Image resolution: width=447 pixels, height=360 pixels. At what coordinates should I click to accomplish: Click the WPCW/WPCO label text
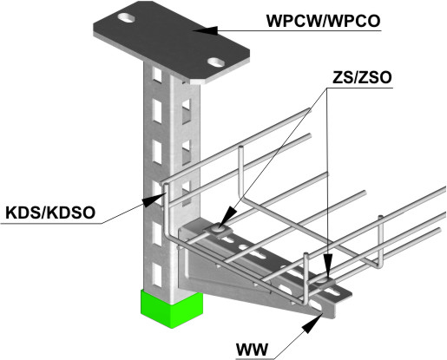[x=323, y=21]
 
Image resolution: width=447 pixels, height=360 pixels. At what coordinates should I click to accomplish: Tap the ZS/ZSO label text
[x=362, y=77]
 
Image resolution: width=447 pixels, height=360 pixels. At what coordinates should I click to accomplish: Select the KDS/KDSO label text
[x=50, y=213]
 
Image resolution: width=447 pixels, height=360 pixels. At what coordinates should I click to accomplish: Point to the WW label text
[x=252, y=350]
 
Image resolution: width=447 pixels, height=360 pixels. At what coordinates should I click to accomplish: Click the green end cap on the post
[x=172, y=309]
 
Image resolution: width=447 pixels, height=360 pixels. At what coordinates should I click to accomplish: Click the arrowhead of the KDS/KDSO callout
[x=154, y=200]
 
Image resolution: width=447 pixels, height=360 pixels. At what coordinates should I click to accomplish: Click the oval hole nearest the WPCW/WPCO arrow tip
[x=217, y=62]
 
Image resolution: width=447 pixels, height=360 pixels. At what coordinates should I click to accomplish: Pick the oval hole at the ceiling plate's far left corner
[x=127, y=18]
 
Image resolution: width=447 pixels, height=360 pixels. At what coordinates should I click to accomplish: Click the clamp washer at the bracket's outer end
[x=323, y=281]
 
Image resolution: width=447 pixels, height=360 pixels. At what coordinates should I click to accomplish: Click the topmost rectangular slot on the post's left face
[x=157, y=75]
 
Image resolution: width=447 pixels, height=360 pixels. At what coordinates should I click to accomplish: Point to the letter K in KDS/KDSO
[x=11, y=213]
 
